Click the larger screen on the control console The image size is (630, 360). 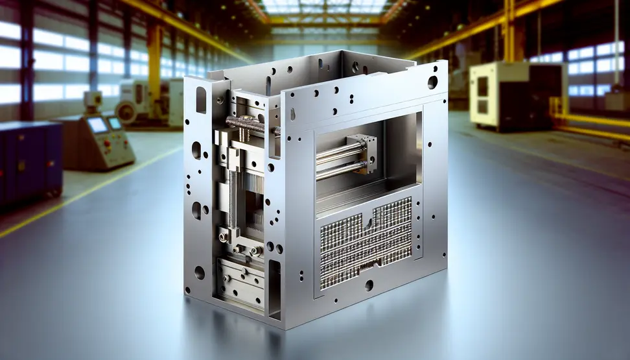click(97, 125)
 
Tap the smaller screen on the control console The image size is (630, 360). click(115, 123)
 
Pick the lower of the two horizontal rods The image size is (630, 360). click(334, 170)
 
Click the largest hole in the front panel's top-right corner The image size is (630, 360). click(432, 82)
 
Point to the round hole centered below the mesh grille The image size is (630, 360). click(369, 285)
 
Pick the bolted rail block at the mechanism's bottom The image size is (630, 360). click(241, 276)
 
